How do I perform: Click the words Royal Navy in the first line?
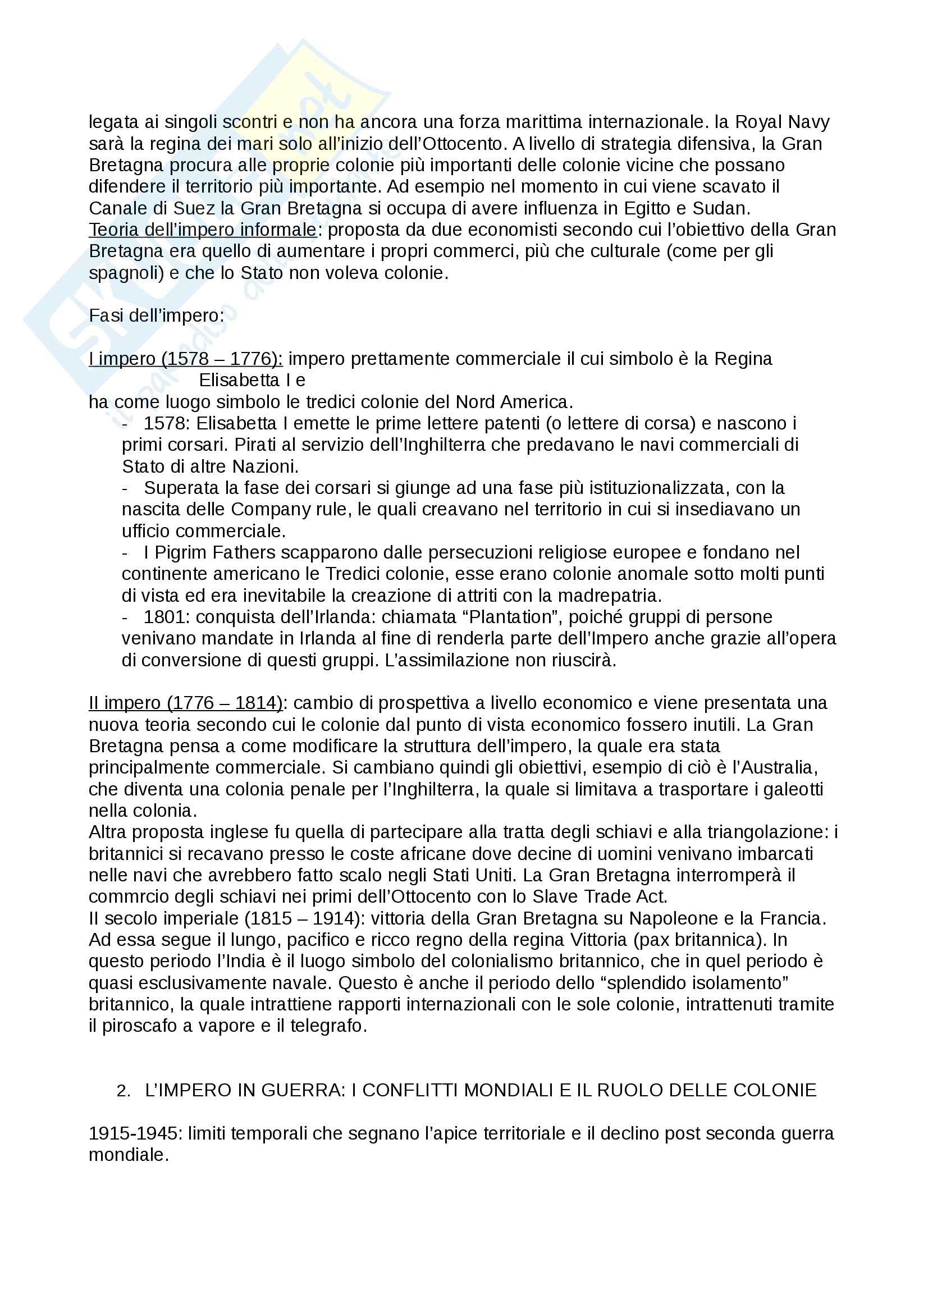(x=782, y=122)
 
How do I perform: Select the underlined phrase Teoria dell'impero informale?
(x=203, y=230)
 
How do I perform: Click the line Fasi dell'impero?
(x=156, y=315)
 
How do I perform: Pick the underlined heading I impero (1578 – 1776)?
(x=185, y=359)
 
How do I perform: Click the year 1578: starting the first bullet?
(x=165, y=423)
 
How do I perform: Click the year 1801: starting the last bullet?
(x=165, y=617)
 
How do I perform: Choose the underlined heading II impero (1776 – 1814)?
(x=185, y=703)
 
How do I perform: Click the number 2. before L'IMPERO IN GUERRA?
(x=124, y=1091)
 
